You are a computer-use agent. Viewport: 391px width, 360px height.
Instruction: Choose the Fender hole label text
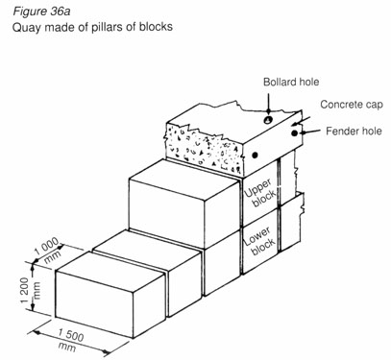click(350, 131)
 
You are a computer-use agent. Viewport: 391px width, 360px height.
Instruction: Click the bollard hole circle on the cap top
click(269, 121)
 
